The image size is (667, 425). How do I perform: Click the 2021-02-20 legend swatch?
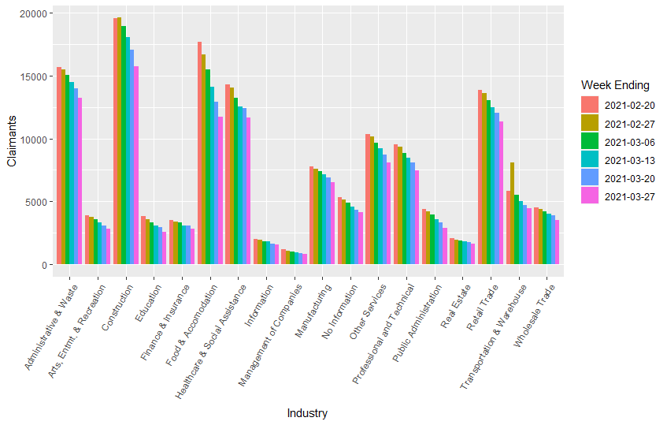590,104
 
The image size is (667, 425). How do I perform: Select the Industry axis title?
307,413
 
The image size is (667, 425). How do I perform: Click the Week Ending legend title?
614,84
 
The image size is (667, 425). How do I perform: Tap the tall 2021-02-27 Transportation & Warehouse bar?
512,213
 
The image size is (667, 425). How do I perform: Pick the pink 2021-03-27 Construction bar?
136,165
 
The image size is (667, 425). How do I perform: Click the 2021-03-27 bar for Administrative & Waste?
80,181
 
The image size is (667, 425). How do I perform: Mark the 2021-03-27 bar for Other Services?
388,213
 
